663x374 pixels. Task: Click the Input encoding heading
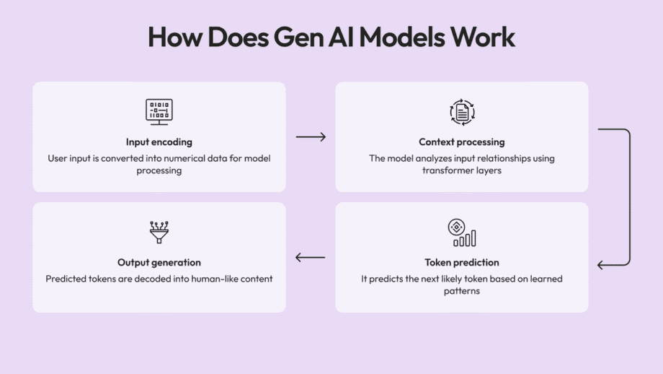(159, 142)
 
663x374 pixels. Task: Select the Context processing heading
(462, 142)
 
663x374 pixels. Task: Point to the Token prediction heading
(462, 263)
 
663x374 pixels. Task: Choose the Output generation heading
(159, 263)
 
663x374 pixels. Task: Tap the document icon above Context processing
(462, 112)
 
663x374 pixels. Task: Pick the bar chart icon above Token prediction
(462, 232)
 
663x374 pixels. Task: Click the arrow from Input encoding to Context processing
(311, 137)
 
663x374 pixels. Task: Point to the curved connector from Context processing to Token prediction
(628, 195)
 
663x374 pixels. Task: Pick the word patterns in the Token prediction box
(462, 292)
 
